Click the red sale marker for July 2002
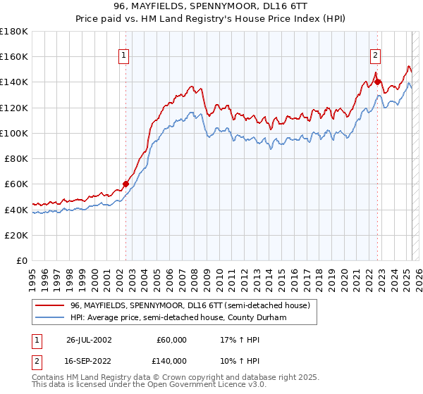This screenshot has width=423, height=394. click(x=126, y=184)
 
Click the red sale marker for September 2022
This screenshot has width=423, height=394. click(x=378, y=82)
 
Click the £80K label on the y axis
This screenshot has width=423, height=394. click(x=16, y=158)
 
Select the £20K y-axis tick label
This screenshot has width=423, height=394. click(x=16, y=235)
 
